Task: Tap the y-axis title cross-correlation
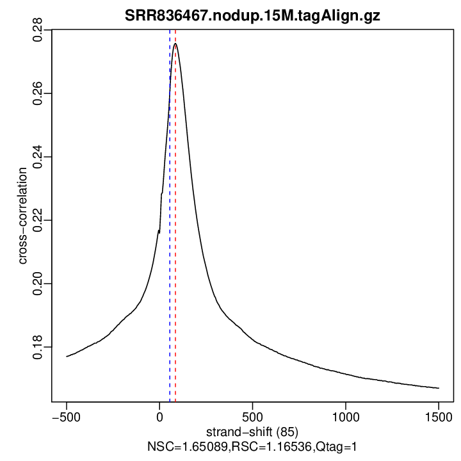click(x=22, y=216)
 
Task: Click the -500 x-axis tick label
click(x=66, y=416)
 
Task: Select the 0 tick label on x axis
click(x=159, y=416)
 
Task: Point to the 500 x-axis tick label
click(x=253, y=416)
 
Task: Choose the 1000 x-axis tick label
click(x=346, y=416)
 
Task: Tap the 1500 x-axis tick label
click(x=439, y=416)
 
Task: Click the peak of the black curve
click(x=175, y=44)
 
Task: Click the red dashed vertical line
click(x=175, y=256)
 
